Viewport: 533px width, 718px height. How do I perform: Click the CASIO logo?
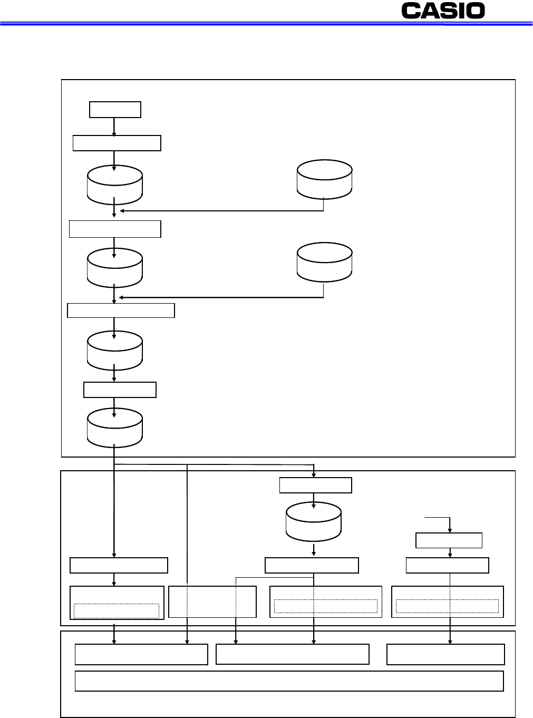pos(443,11)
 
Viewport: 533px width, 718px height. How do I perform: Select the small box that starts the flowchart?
pos(115,110)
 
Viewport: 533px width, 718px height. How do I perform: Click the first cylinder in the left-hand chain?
pos(115,185)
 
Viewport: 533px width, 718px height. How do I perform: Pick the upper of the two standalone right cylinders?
pos(324,179)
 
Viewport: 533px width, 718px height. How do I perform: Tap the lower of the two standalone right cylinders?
pos(324,262)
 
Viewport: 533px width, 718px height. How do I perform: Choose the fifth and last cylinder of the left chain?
pos(115,428)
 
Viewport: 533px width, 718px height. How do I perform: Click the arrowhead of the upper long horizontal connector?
pos(121,211)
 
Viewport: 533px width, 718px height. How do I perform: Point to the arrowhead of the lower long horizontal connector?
pos(121,298)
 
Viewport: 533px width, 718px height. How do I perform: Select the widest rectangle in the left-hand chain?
pos(121,311)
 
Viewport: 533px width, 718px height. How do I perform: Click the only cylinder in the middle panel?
pos(313,521)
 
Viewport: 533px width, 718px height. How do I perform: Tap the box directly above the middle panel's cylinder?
pos(315,485)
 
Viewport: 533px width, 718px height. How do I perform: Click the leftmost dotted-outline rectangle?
pos(116,610)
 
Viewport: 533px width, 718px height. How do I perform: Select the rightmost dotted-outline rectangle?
pos(447,606)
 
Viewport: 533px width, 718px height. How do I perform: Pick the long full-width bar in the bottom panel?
pos(289,681)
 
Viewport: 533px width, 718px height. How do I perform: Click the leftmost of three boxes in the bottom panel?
pos(141,654)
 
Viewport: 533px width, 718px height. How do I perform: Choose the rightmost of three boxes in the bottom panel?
pos(445,654)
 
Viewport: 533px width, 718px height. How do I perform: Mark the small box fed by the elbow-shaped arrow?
pos(449,540)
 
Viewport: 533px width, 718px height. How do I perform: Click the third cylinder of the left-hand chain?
pos(115,350)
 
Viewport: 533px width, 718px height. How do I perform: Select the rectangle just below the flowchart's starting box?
pos(117,143)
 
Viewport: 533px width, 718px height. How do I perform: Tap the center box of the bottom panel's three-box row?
pos(292,654)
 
